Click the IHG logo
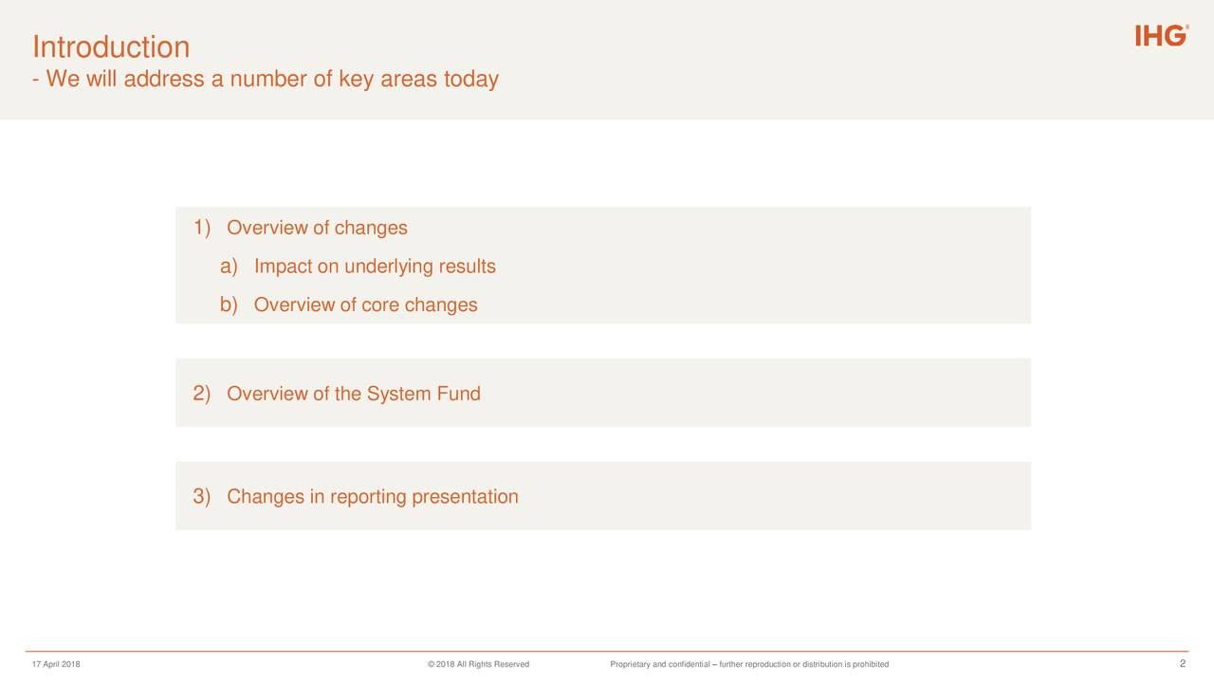[1160, 36]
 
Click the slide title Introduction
[111, 46]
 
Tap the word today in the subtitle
[470, 80]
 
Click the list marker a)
[229, 267]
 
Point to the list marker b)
[229, 305]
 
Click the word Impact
[283, 267]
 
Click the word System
[398, 394]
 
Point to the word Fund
[459, 394]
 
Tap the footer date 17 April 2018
[56, 664]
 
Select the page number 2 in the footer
[1183, 663]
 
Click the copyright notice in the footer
[478, 664]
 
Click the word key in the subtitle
[356, 80]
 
